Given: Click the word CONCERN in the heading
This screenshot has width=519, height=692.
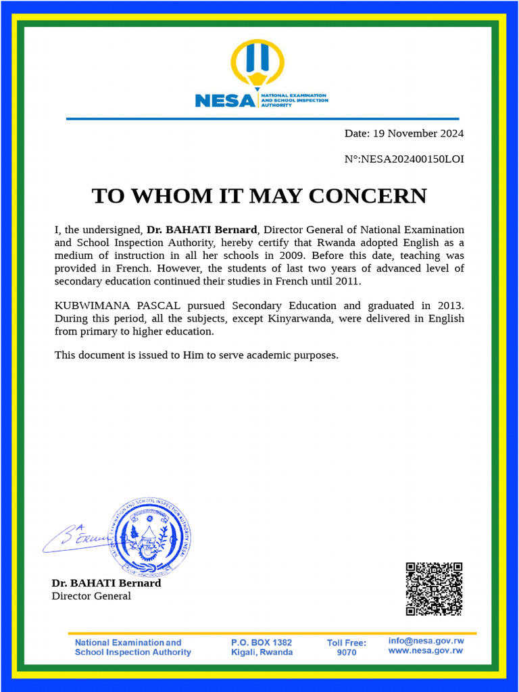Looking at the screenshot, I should [x=368, y=196].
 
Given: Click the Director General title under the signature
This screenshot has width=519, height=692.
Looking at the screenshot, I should [x=91, y=596].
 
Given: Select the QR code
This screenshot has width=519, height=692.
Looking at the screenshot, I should [x=433, y=589].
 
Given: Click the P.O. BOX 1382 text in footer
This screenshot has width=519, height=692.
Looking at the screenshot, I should [x=262, y=643].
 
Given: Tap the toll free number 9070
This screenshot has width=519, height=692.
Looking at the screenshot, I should [x=346, y=653].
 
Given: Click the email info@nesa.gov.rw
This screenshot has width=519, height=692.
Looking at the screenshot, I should [x=426, y=641].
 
